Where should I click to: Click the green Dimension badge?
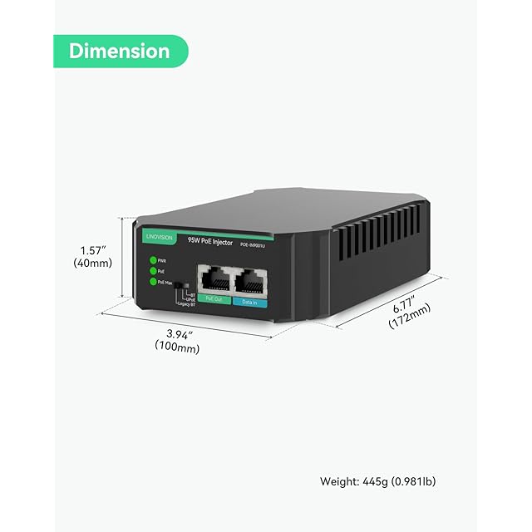(119, 51)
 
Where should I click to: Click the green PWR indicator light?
(152, 260)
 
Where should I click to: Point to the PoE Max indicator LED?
(152, 282)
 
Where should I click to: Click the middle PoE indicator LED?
(152, 271)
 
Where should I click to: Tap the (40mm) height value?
(92, 264)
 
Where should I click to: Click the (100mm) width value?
(178, 348)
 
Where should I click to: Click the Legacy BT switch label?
(186, 304)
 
